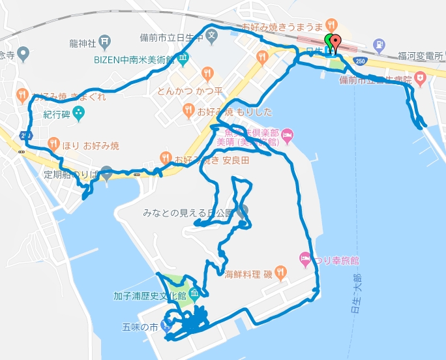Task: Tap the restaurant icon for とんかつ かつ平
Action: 207,72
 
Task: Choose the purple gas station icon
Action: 380,45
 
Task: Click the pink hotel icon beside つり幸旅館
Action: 304,259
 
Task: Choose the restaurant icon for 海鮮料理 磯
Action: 280,271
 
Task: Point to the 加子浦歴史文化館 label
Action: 149,296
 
